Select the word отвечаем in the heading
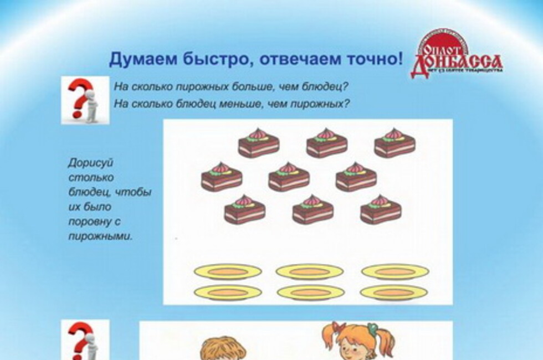291,59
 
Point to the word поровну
90,222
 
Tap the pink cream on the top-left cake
257,134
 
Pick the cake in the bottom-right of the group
381,211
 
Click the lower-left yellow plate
228,292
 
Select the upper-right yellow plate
395,271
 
